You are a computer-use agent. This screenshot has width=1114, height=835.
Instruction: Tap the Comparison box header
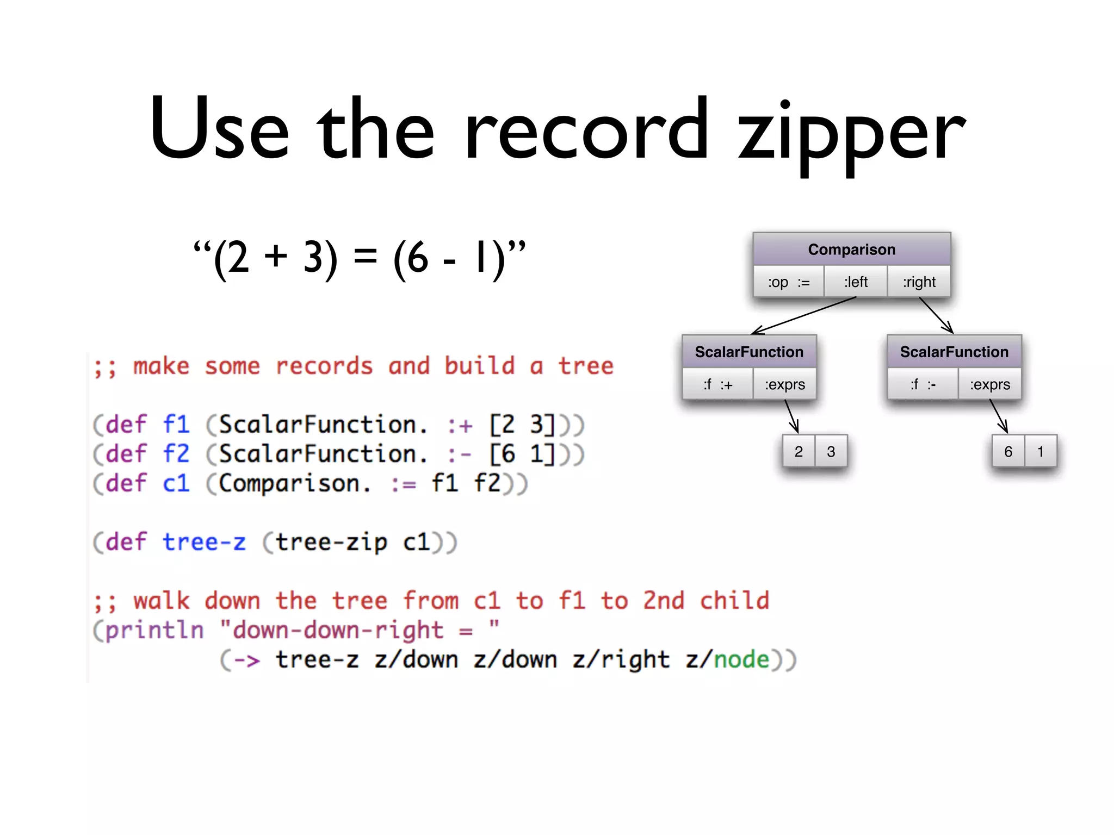pyautogui.click(x=851, y=250)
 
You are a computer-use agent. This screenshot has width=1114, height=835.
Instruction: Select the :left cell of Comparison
pyautogui.click(x=856, y=282)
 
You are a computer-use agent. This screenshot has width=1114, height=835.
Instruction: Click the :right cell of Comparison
pyautogui.click(x=919, y=282)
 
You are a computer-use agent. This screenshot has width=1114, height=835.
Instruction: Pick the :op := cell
pyautogui.click(x=788, y=282)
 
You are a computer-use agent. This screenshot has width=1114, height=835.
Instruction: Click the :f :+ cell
pyautogui.click(x=717, y=384)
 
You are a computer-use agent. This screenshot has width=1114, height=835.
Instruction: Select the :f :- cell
pyautogui.click(x=923, y=384)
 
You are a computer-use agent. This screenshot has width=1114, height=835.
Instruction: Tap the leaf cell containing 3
pyautogui.click(x=831, y=451)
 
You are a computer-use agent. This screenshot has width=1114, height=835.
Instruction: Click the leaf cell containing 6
pyautogui.click(x=1008, y=451)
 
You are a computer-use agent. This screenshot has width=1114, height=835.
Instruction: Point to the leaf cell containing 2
pyautogui.click(x=799, y=451)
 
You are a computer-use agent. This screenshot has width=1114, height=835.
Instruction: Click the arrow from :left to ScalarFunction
pyautogui.click(x=803, y=316)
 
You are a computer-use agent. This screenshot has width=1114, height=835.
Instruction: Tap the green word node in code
pyautogui.click(x=741, y=659)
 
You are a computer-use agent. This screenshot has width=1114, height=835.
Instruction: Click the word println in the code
pyautogui.click(x=154, y=630)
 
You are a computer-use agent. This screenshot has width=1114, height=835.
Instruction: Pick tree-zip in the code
pyautogui.click(x=331, y=542)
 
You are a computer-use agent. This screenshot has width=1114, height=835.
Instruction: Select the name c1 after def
pyautogui.click(x=176, y=483)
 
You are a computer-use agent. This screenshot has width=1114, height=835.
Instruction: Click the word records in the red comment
pyautogui.click(x=324, y=366)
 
